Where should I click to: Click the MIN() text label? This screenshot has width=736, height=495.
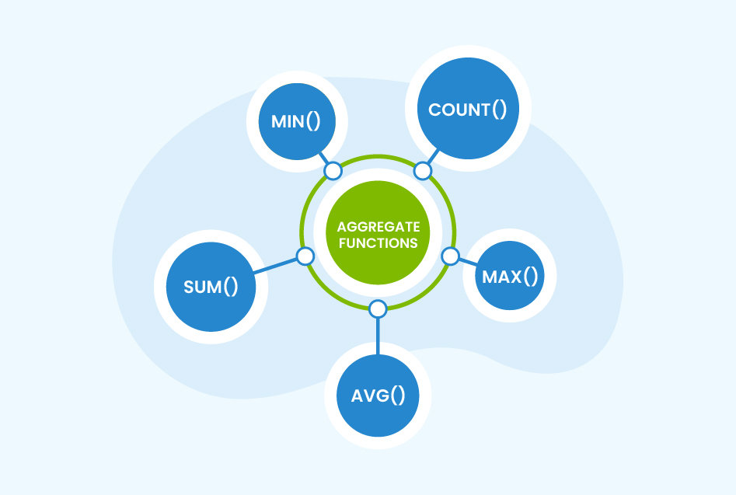(x=296, y=122)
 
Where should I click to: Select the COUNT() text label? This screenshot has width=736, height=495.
(x=467, y=110)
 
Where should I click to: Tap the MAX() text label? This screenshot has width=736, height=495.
(x=509, y=276)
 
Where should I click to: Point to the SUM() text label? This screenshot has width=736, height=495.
(x=211, y=286)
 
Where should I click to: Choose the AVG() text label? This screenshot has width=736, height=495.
(x=378, y=395)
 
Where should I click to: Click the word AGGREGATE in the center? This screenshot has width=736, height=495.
(x=378, y=227)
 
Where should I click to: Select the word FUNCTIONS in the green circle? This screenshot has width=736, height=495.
(x=378, y=243)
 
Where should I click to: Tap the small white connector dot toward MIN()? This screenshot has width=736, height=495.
(x=333, y=171)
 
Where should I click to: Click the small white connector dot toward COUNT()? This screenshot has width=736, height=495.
(x=423, y=170)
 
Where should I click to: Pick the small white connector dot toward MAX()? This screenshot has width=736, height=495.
(x=450, y=256)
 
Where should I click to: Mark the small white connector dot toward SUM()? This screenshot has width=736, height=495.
(x=305, y=256)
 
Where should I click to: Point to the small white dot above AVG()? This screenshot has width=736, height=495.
(x=378, y=309)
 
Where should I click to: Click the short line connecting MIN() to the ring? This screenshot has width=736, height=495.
(x=325, y=160)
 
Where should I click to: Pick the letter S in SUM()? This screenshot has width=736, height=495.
(x=188, y=286)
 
